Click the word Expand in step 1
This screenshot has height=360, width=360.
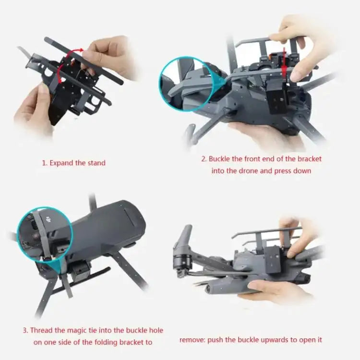coord(61,163)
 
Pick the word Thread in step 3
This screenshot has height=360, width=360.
coord(42,330)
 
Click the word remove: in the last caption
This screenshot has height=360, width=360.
coord(192,340)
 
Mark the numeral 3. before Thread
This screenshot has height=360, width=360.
coord(25,330)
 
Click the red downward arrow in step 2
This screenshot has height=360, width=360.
coord(285,60)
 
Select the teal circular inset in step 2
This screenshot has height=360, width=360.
coord(184,84)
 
